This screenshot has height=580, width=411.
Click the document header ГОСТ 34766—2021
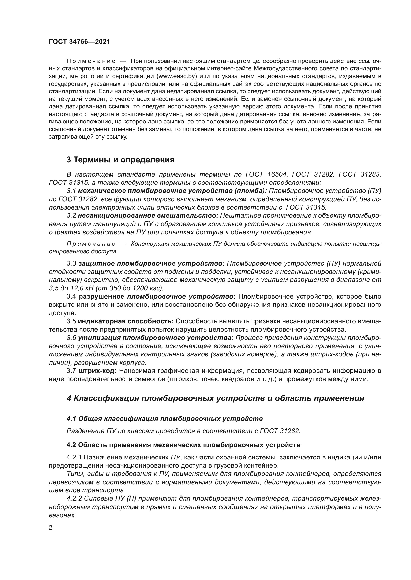pos(80,42)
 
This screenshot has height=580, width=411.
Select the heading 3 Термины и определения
pos(121,160)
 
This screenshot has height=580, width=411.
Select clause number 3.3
pos(71,264)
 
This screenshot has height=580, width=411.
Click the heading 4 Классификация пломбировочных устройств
pos(215,398)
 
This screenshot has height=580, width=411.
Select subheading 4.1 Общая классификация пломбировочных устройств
pos(164,419)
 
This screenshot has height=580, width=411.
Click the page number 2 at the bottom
pos(51,528)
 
